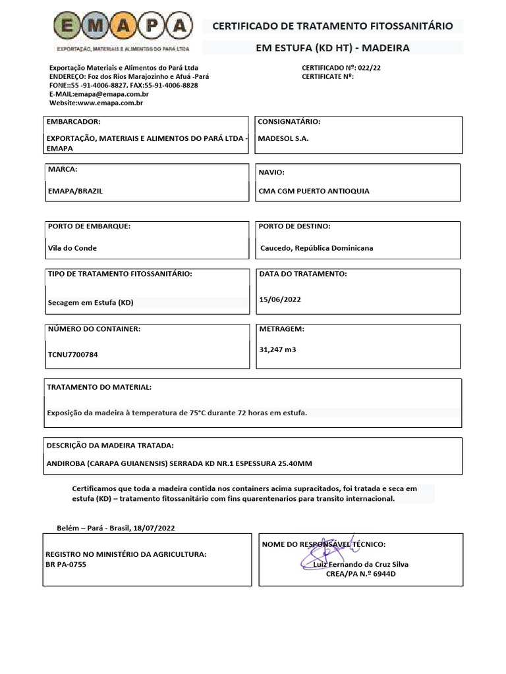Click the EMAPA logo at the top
point(123,28)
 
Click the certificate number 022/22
point(369,68)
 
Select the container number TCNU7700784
point(73,354)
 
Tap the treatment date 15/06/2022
point(280,299)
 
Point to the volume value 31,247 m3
point(277,350)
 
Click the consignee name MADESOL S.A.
point(283,139)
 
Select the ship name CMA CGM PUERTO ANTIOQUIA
point(314,191)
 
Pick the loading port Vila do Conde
point(72,248)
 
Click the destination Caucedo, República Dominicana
point(317,248)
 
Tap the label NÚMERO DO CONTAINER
point(94,328)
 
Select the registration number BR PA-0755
point(66,564)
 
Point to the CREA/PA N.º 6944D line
point(361,573)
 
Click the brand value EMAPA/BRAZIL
point(75,191)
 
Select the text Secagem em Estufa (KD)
point(90,303)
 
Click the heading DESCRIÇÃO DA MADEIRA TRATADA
point(110,446)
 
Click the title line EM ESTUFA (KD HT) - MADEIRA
point(332,48)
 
